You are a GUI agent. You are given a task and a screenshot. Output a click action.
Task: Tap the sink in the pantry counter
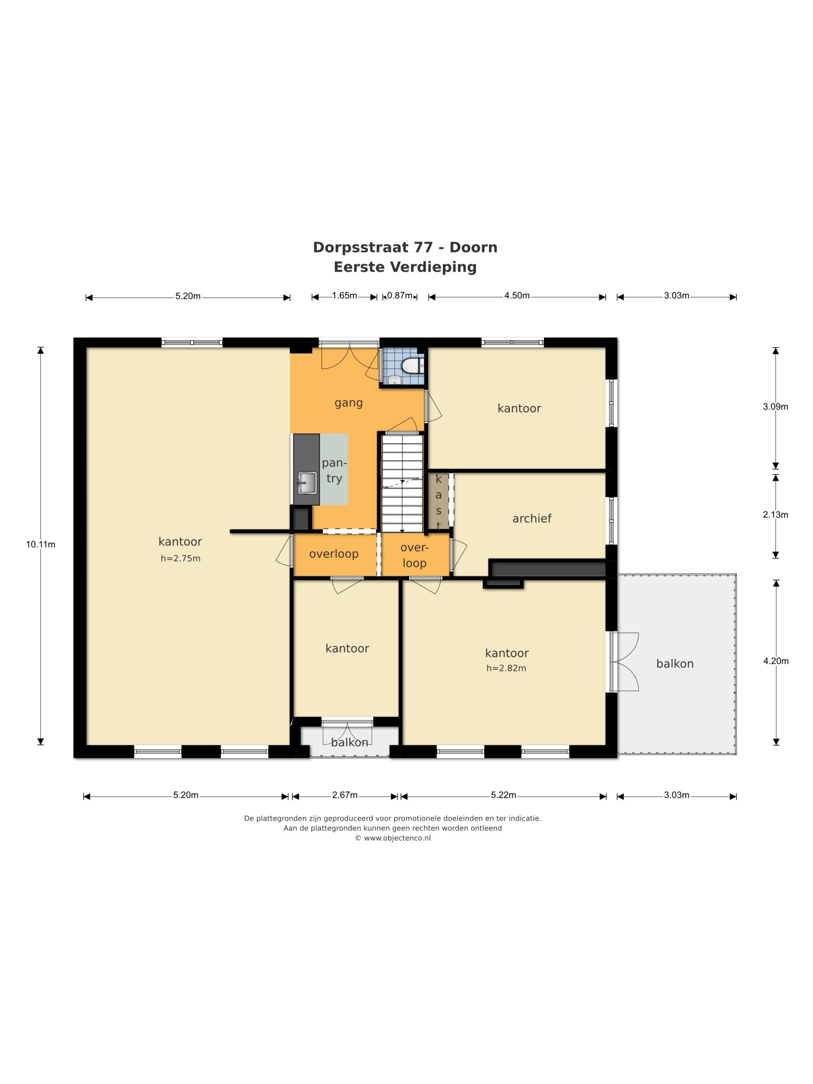click(x=307, y=482)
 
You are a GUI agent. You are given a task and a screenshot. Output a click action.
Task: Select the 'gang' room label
click(x=348, y=403)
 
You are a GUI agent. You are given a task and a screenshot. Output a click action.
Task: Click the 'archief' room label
click(x=532, y=518)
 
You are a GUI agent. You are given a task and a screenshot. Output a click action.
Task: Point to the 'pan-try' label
click(x=334, y=470)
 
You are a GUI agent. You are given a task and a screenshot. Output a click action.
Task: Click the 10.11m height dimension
click(x=41, y=544)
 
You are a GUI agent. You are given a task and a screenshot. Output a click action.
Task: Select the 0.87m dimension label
click(x=399, y=296)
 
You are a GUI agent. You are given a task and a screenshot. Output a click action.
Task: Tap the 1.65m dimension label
click(x=345, y=296)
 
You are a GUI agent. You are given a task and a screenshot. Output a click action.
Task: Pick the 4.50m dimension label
click(x=517, y=296)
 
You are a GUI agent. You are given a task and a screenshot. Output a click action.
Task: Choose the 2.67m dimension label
click(x=345, y=795)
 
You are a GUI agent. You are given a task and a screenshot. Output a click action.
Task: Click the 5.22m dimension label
click(x=504, y=795)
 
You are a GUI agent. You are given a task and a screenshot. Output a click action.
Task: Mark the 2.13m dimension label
click(x=775, y=514)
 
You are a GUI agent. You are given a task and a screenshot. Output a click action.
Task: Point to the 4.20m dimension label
click(x=776, y=661)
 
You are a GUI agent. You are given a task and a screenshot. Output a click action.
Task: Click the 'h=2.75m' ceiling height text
click(x=180, y=558)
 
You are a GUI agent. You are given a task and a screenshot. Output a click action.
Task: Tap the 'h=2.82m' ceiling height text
click(x=506, y=668)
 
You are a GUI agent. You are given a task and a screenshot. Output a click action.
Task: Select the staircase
click(x=402, y=483)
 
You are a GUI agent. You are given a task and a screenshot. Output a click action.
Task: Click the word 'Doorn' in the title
click(x=473, y=247)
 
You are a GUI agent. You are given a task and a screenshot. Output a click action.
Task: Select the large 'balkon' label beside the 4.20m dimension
click(x=675, y=664)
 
